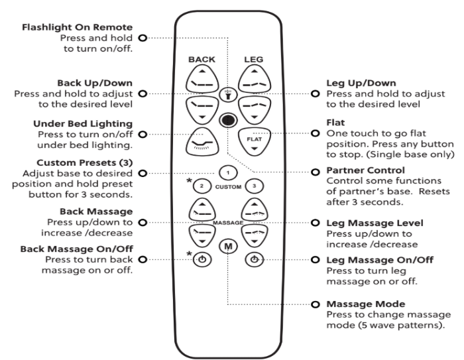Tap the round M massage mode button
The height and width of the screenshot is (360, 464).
click(x=228, y=246)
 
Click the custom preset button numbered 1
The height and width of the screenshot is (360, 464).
click(x=227, y=173)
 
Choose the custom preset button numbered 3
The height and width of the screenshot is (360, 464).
click(x=251, y=187)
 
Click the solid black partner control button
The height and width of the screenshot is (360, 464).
click(x=227, y=120)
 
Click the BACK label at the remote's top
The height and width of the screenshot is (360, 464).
click(x=202, y=60)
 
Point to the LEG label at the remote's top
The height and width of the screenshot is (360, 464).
click(x=253, y=60)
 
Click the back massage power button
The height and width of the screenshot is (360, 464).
click(x=203, y=259)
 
